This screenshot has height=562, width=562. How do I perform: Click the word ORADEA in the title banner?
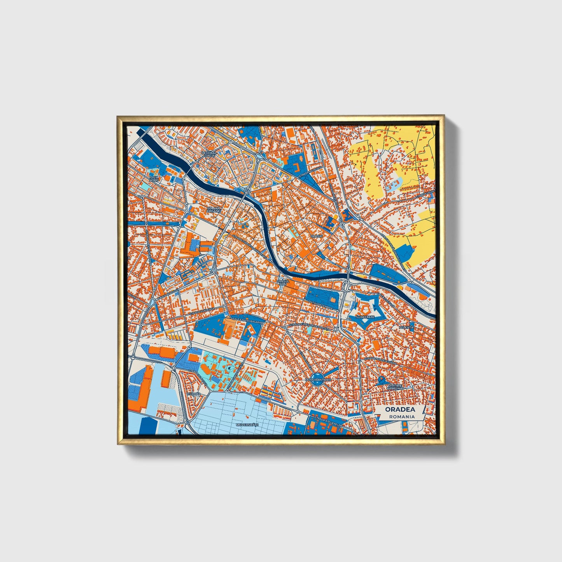click(x=400, y=410)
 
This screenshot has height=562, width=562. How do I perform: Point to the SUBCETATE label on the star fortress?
click(x=365, y=317)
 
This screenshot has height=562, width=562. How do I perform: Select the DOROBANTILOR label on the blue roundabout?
click(x=318, y=379)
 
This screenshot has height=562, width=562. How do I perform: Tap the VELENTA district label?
click(x=406, y=328)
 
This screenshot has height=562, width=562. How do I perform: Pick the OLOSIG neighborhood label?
click(x=316, y=236)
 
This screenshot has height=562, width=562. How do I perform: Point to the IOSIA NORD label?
click(x=154, y=179)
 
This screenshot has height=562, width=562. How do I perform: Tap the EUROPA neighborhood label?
click(x=194, y=394)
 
